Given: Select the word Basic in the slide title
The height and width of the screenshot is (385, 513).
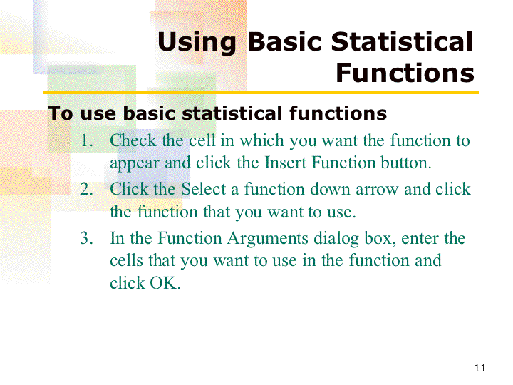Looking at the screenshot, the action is [284, 41].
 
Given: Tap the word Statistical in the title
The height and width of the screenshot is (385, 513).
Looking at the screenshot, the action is [402, 41].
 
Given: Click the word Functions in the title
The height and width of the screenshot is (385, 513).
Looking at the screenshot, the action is [405, 73].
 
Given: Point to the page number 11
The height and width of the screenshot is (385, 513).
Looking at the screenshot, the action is [480, 368].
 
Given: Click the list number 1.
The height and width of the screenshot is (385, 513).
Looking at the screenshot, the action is [86, 140].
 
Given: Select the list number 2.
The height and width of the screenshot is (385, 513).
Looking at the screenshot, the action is [86, 189].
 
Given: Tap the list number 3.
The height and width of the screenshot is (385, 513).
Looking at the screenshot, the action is [86, 238].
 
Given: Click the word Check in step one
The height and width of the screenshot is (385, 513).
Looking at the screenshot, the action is [133, 140].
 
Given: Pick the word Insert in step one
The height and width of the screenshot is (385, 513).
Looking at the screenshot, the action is [286, 163].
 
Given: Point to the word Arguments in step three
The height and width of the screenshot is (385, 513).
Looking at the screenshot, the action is [268, 238].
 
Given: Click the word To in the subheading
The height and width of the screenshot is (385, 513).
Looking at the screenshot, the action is [60, 113].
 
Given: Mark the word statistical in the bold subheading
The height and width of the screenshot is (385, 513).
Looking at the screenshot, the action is [232, 113].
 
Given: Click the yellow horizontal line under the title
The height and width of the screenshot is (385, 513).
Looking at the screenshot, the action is [261, 93].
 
